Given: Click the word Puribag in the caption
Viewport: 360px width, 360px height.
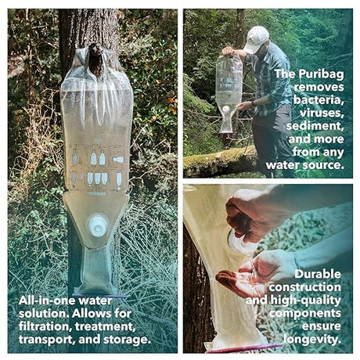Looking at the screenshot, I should [x=320, y=74].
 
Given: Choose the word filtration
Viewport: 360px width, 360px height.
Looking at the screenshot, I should [x=47, y=326].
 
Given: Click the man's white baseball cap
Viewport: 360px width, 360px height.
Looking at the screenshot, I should [x=255, y=38].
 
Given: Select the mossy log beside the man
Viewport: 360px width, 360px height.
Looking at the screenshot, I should [x=219, y=160].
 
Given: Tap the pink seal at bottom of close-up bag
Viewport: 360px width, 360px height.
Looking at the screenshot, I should [x=243, y=347].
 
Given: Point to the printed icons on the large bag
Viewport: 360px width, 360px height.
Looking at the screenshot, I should [x=96, y=167].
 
